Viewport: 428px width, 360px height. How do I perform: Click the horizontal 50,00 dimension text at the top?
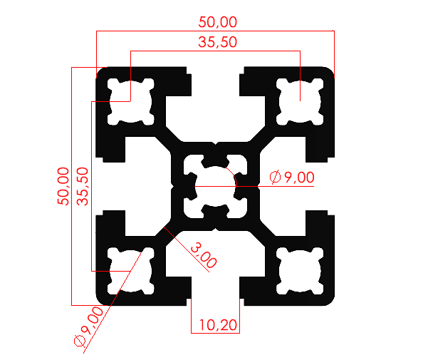(x=215, y=23)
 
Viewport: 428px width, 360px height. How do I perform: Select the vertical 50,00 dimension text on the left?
(x=63, y=186)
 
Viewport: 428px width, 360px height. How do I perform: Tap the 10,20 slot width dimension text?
(x=215, y=325)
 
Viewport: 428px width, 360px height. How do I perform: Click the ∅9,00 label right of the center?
(x=292, y=178)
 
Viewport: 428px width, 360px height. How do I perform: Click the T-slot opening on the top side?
(x=216, y=82)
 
